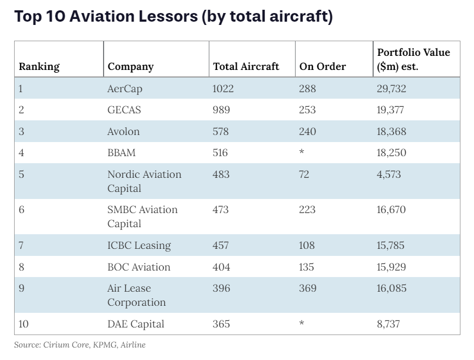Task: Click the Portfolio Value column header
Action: coord(413,60)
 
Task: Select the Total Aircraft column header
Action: coord(246,67)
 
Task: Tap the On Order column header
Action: coord(322,67)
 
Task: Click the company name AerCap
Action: coord(125,88)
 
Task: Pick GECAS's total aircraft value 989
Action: coord(221,110)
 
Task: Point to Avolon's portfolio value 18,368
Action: coord(392,132)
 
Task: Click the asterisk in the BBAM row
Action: coord(302,153)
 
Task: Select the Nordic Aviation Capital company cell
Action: coord(144,181)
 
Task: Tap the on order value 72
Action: coord(305,175)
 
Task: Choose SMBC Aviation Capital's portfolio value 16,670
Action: coord(391,210)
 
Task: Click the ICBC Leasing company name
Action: coord(139,246)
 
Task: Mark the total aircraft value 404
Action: coord(221,267)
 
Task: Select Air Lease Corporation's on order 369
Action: coord(308,288)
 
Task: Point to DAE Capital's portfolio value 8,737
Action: coord(389,324)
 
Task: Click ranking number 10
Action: coord(23,324)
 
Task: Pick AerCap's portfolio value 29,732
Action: coord(392,88)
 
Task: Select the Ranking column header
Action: coord(39,67)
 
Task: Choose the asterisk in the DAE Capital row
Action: coord(302,324)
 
